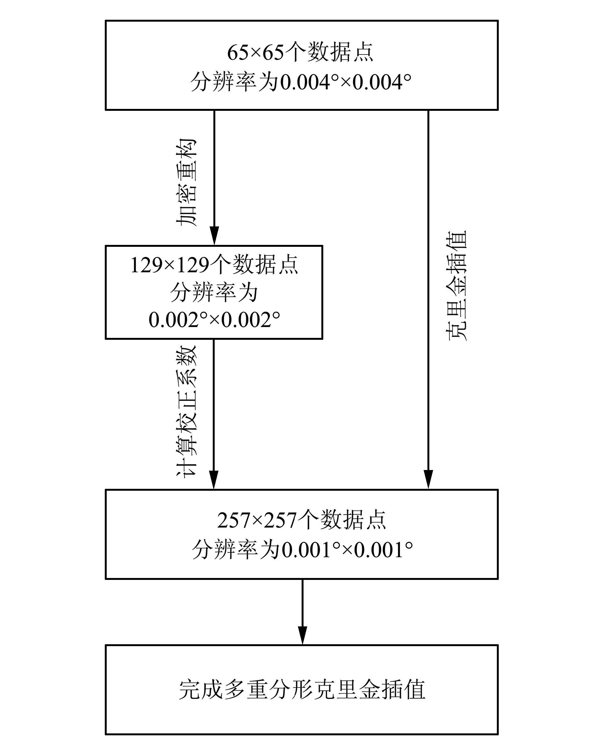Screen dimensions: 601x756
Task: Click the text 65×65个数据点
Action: click(300, 53)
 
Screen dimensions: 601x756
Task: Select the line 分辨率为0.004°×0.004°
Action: click(301, 83)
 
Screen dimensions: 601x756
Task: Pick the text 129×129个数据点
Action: click(214, 265)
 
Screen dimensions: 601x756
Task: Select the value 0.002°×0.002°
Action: click(214, 319)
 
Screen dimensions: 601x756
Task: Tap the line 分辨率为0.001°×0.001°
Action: click(302, 549)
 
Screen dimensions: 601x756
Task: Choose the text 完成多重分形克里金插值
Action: click(302, 690)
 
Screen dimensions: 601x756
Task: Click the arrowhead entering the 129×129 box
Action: click(214, 236)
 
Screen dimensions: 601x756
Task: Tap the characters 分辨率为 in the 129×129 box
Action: click(214, 293)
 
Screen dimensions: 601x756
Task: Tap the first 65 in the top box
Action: click(238, 53)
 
